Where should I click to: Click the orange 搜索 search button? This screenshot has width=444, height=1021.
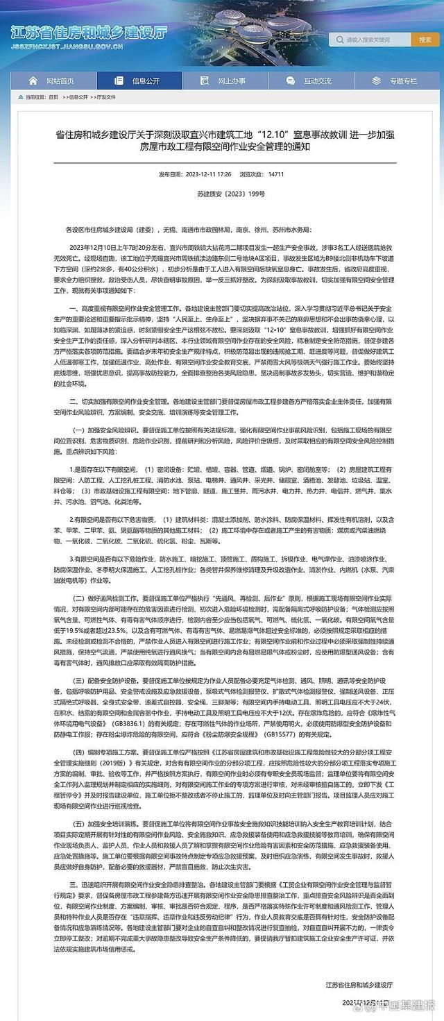tap(425, 40)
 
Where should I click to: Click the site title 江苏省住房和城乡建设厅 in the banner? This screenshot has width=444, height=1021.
tap(89, 33)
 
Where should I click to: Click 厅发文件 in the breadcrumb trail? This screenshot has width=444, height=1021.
tap(108, 98)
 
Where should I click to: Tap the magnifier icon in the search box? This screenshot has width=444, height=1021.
tap(340, 40)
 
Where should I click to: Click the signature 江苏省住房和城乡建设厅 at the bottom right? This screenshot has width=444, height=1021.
tap(358, 984)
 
